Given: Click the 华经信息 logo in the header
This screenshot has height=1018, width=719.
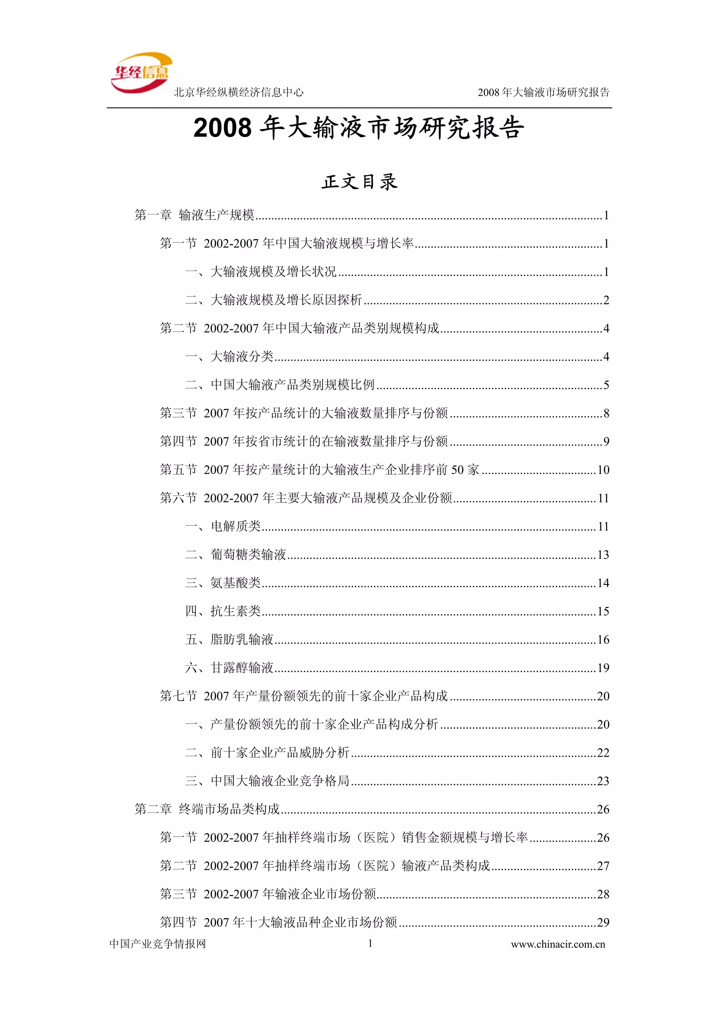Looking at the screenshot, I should click(x=141, y=73).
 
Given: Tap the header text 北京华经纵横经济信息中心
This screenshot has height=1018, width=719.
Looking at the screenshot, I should click(x=238, y=92).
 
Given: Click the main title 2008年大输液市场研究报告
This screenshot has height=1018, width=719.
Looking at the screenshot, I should click(x=359, y=128).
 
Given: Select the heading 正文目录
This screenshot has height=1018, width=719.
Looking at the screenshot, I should click(x=359, y=182).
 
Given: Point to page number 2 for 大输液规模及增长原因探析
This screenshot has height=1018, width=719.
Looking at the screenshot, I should click(x=606, y=300).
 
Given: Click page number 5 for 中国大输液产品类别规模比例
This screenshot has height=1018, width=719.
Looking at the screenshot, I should click(x=606, y=385).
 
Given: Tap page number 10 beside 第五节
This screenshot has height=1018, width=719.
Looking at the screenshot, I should click(x=603, y=470).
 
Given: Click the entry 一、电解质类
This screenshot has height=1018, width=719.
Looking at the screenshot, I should click(x=223, y=526).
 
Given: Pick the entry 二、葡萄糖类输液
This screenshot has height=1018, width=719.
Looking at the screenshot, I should click(x=235, y=555).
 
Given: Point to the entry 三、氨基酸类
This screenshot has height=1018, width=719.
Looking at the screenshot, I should click(x=223, y=583).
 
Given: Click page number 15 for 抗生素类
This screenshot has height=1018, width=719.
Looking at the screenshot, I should click(x=603, y=611).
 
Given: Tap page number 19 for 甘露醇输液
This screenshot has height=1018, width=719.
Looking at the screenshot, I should click(x=603, y=668).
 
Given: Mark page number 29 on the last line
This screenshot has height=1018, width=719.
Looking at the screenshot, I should click(x=603, y=922).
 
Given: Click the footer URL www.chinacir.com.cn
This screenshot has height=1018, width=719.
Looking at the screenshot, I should click(x=558, y=945).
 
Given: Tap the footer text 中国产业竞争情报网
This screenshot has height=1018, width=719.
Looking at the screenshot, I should click(x=158, y=944).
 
